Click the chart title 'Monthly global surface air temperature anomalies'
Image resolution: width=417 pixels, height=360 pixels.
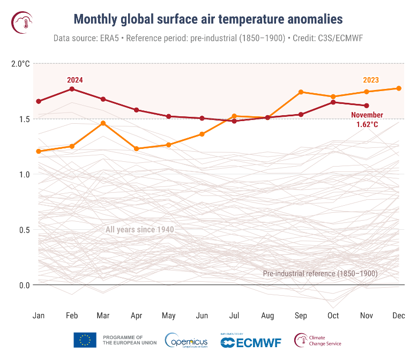tap(208, 20)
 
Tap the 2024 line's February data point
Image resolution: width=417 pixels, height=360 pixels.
tap(72, 89)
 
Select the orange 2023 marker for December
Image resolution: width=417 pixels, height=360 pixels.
tap(399, 88)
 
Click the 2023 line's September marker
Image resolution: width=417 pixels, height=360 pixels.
tap(301, 92)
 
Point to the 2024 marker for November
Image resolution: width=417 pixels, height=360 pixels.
tap(367, 106)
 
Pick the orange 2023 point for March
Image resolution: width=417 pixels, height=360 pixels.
tap(103, 123)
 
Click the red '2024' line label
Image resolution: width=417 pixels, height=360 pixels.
tap(75, 80)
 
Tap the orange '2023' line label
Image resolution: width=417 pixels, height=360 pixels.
tap(370, 80)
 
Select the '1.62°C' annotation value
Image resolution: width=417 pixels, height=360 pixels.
tap(367, 124)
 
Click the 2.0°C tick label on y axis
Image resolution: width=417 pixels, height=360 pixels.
tap(20, 64)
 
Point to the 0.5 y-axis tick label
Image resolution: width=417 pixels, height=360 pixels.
tap(24, 230)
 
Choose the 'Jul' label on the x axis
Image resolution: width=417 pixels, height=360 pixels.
tap(235, 316)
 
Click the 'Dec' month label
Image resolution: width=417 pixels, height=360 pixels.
tap(398, 316)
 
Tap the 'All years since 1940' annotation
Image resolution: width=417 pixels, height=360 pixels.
tap(139, 230)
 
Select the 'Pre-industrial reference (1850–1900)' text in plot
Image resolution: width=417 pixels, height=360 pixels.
tap(320, 273)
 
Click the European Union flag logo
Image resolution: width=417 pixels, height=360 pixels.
tap(85, 340)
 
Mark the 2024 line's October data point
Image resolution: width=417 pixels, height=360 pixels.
tap(333, 102)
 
